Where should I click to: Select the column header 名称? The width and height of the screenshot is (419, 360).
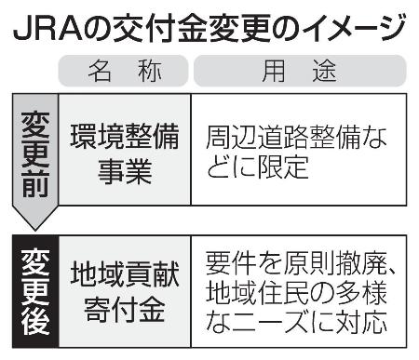(124, 73)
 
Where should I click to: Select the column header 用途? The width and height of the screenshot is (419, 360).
(299, 73)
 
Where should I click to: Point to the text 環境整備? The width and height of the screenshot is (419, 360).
(124, 137)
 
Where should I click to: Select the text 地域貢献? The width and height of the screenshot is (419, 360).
(124, 274)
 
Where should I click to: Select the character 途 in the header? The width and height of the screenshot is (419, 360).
(327, 73)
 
